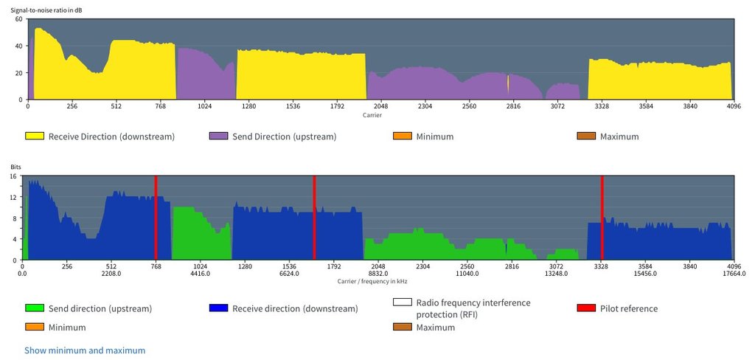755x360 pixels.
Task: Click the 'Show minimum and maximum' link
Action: [85, 350]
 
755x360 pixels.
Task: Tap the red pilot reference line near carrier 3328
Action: [602, 218]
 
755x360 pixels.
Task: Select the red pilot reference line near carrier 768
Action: [156, 218]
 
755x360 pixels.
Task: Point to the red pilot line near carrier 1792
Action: [314, 218]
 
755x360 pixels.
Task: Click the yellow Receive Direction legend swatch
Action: [34, 136]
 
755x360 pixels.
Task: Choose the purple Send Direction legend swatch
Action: [218, 136]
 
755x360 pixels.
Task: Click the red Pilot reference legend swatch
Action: [587, 308]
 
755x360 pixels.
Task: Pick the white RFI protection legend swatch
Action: [403, 302]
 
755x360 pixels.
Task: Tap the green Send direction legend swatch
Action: [34, 308]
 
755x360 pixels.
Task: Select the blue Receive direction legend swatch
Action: [218, 308]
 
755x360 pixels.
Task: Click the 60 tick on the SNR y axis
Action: [19, 18]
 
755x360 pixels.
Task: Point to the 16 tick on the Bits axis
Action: [13, 177]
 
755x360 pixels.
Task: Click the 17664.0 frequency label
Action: [734, 273]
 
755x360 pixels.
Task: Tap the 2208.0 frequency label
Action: [111, 273]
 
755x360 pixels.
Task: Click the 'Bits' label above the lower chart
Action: [16, 168]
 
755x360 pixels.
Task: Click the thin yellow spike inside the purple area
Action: [508, 83]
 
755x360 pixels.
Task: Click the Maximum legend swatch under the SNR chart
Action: [587, 136]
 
